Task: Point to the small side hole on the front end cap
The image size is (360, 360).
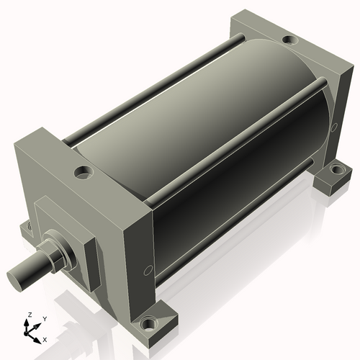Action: coord(148,270)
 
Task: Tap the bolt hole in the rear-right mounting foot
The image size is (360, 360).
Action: coord(334,171)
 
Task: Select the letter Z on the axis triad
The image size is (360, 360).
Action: coord(28,315)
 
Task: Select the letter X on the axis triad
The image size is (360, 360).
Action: coord(45,338)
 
